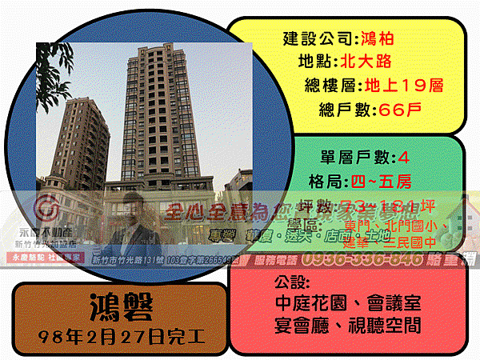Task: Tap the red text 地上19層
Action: point(403,86)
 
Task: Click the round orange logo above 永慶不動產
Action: point(47,210)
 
